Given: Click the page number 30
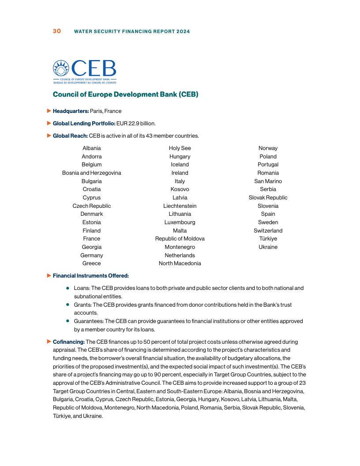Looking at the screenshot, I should [57, 31].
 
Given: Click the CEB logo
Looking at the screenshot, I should [84, 71].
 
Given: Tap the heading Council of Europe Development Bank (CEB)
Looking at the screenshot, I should [125, 94].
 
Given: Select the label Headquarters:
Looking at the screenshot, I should [71, 111].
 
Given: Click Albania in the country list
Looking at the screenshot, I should [92, 148].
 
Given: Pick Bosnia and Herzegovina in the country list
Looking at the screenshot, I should [92, 173].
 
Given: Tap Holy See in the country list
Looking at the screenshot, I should [180, 148].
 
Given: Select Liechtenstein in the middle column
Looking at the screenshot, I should [180, 206].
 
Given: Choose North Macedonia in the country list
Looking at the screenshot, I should [180, 263].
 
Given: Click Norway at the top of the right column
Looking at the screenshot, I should [268, 148].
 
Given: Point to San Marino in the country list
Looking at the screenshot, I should [268, 181].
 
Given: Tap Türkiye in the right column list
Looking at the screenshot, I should [268, 239].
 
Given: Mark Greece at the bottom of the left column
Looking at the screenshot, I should [92, 263].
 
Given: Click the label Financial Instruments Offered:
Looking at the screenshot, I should [90, 276].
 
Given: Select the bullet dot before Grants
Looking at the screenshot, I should [67, 305].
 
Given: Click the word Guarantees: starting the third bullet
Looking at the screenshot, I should [88, 321].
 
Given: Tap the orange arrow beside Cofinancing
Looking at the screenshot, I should [49, 342].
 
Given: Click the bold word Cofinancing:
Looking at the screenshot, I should [68, 342].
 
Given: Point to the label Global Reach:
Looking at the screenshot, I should [70, 136].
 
